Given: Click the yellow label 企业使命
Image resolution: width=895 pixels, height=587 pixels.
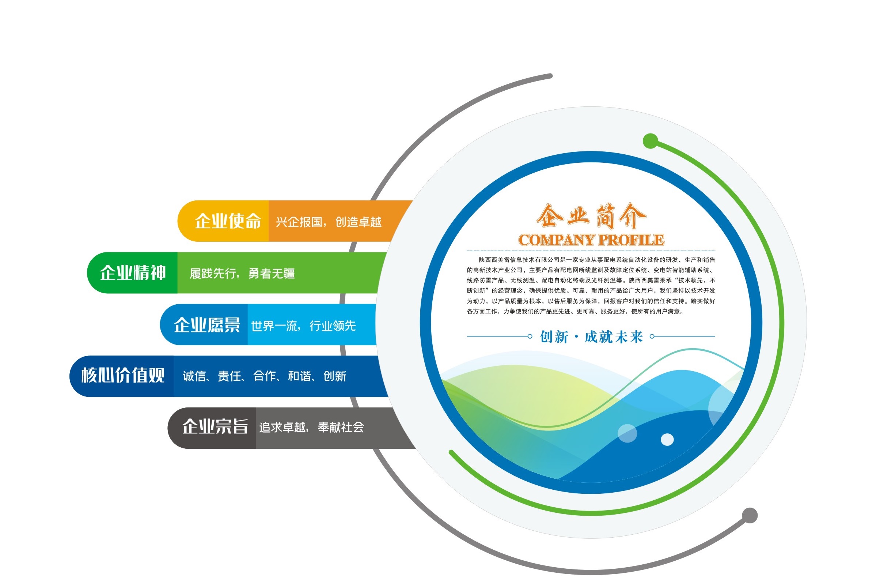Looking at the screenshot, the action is (228, 221).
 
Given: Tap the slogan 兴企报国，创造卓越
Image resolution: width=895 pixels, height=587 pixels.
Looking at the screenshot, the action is (329, 222).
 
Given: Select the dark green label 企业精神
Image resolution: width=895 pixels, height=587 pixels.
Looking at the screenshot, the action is (133, 273).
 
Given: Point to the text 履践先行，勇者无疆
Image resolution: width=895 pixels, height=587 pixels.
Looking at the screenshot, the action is (242, 274).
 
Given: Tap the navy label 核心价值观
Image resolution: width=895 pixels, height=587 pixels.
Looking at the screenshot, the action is (123, 375).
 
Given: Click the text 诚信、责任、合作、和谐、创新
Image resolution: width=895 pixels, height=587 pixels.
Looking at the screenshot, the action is (264, 376).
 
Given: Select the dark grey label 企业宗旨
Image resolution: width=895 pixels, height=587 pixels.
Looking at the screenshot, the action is (215, 427).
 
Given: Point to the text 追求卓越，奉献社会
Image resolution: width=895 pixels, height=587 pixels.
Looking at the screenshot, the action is (311, 428).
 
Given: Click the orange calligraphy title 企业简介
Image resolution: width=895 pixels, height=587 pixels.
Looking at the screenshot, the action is (591, 216).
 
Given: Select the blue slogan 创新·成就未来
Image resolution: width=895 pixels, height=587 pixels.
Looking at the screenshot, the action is (591, 337).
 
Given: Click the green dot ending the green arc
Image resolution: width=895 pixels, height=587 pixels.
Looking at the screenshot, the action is (650, 141).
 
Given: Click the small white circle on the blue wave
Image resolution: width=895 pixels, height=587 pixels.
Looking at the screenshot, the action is (667, 440).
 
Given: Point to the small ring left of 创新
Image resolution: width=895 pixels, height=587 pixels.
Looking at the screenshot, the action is (530, 336).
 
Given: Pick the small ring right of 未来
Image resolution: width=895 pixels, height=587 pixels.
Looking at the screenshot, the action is (652, 336).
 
